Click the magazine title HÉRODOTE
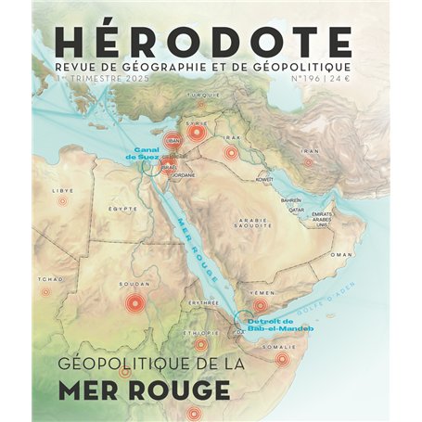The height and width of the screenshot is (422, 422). click(x=203, y=40)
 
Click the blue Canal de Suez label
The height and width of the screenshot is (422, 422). click(x=147, y=155)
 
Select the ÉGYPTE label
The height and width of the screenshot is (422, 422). click(x=122, y=209)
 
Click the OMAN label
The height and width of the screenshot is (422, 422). click(x=342, y=253)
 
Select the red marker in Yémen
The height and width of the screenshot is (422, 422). click(x=260, y=304)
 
